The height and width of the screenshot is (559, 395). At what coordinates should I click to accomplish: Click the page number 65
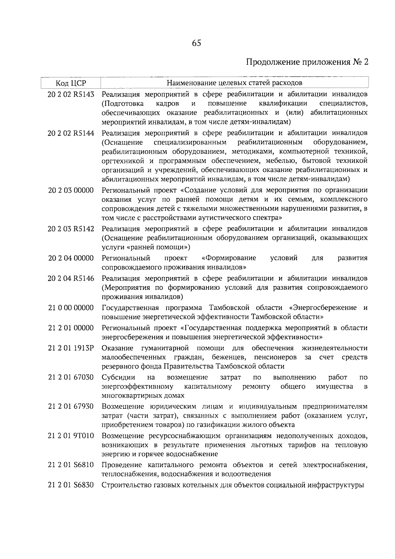[x=196, y=43]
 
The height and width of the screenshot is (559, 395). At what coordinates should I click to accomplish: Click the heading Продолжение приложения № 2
[x=307, y=62]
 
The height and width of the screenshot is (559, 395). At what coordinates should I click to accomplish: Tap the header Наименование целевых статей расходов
[x=234, y=82]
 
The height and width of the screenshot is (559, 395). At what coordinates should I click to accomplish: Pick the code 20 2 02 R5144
[x=71, y=133]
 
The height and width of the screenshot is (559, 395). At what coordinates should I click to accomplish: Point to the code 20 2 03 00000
[x=71, y=190]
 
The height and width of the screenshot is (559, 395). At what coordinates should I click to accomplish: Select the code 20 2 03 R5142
[x=71, y=229]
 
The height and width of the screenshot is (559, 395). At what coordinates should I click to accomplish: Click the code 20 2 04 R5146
[x=71, y=279]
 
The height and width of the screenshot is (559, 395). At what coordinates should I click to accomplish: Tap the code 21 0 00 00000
[x=71, y=308]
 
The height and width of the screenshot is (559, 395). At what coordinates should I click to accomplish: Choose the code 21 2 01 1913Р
[x=71, y=349]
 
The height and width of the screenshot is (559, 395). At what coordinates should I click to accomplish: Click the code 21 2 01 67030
[x=71, y=377]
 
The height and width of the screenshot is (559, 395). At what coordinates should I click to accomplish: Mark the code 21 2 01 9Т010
[x=71, y=436]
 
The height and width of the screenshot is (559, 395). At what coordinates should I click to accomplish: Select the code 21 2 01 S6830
[x=71, y=485]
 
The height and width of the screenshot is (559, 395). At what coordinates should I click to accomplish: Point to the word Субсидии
[x=116, y=377]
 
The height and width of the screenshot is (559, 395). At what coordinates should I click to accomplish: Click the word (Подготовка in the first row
[x=122, y=104]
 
